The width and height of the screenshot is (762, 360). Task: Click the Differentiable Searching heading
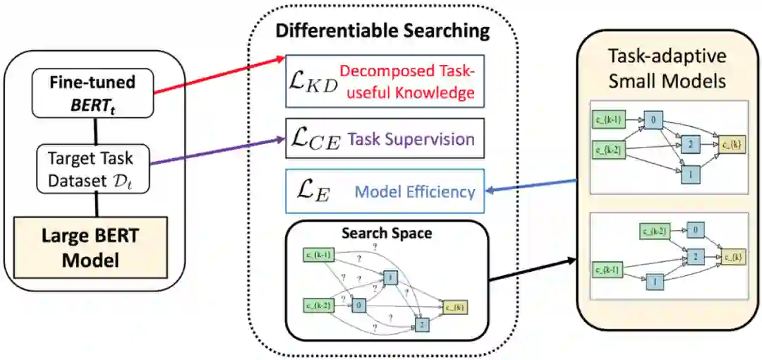click(x=382, y=30)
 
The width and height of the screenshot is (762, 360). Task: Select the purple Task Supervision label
click(x=411, y=139)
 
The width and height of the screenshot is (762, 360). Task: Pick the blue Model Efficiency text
click(x=415, y=191)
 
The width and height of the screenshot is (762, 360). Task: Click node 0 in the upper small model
click(x=653, y=121)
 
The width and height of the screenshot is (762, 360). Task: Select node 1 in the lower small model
click(x=654, y=282)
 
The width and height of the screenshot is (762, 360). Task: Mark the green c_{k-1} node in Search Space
click(x=318, y=255)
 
